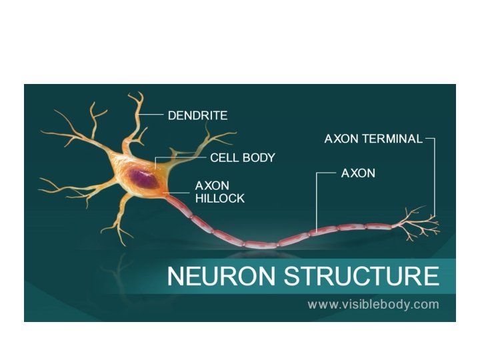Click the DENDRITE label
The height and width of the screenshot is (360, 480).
197,115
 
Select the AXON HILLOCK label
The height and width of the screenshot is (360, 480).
219,191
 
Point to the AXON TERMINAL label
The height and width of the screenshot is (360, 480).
373,139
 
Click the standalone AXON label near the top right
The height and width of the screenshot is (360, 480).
358,173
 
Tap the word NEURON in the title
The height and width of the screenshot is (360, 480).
222,275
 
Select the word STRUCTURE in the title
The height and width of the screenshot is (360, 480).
362,275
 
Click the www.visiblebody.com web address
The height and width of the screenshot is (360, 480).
373,305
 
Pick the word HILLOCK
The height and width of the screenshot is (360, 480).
219,198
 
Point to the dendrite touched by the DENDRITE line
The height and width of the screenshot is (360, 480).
139,120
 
